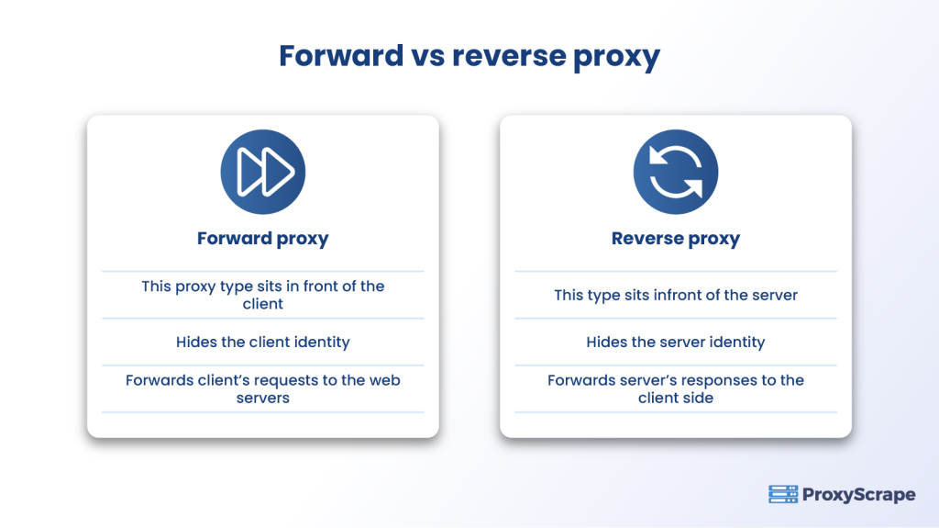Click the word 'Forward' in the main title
point(341,56)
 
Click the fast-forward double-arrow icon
point(263,172)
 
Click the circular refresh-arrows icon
point(676,172)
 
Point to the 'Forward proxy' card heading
point(263,239)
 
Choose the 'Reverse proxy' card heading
point(676,239)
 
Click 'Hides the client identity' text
point(263,342)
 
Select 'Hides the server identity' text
point(676,342)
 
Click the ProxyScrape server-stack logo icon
point(783,494)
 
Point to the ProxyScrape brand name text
point(859,495)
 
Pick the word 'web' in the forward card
point(385,379)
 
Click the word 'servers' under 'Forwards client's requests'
point(263,398)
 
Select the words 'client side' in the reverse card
point(676,398)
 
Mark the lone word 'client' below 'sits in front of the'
point(263,304)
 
